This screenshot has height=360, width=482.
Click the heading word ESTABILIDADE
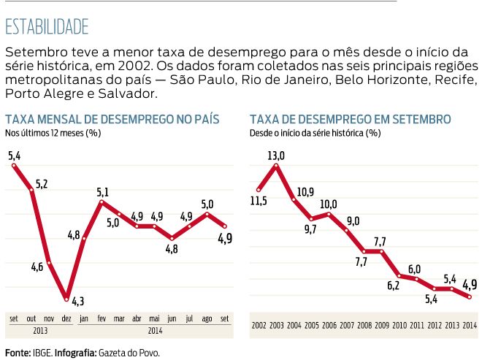point(47,27)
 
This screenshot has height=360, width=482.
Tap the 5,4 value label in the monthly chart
point(14,156)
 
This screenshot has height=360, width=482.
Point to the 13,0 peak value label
point(276,156)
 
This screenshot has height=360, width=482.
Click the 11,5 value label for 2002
point(259,200)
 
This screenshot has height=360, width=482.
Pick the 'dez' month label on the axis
point(66,319)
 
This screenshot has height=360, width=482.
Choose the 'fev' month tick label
point(102,319)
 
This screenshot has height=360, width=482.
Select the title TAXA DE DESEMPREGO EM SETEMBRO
point(350,119)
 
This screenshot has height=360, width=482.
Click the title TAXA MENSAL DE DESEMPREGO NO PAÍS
point(113,119)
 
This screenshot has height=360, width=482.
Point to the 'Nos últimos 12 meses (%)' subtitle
point(53,133)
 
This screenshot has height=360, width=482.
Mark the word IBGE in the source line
point(42,353)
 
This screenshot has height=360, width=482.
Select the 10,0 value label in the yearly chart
point(329,204)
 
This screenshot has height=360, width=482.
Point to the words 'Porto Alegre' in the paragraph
point(37,93)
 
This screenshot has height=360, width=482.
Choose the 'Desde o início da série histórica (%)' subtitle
point(315,133)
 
